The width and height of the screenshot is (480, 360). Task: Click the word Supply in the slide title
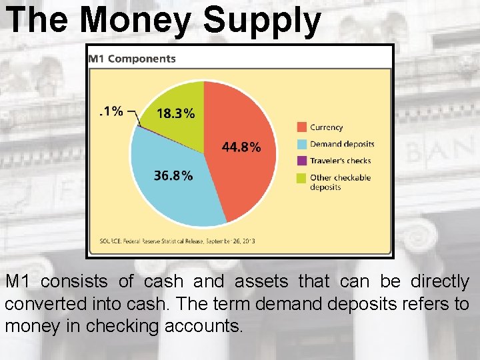(x=262, y=21)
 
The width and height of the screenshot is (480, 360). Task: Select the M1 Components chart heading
(x=132, y=58)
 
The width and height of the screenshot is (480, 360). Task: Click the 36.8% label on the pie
(x=173, y=176)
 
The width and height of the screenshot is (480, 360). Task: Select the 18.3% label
(x=175, y=113)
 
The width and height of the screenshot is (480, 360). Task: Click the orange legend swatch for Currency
(x=301, y=127)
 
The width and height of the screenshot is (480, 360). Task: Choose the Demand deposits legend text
(x=342, y=144)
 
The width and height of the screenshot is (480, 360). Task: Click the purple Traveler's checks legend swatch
(x=301, y=161)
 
